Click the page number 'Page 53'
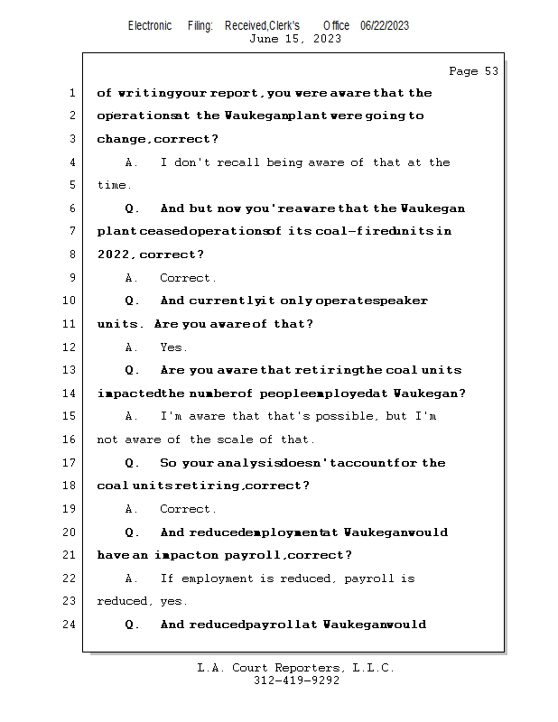(x=473, y=71)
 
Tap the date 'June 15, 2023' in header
(x=295, y=39)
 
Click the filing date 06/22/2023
(x=385, y=25)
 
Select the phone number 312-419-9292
(x=295, y=681)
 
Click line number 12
(x=70, y=347)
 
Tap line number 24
(x=70, y=625)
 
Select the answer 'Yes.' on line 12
(x=173, y=347)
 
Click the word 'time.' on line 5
(x=114, y=185)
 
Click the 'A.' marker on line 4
(x=132, y=162)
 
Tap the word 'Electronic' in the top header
(x=150, y=25)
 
